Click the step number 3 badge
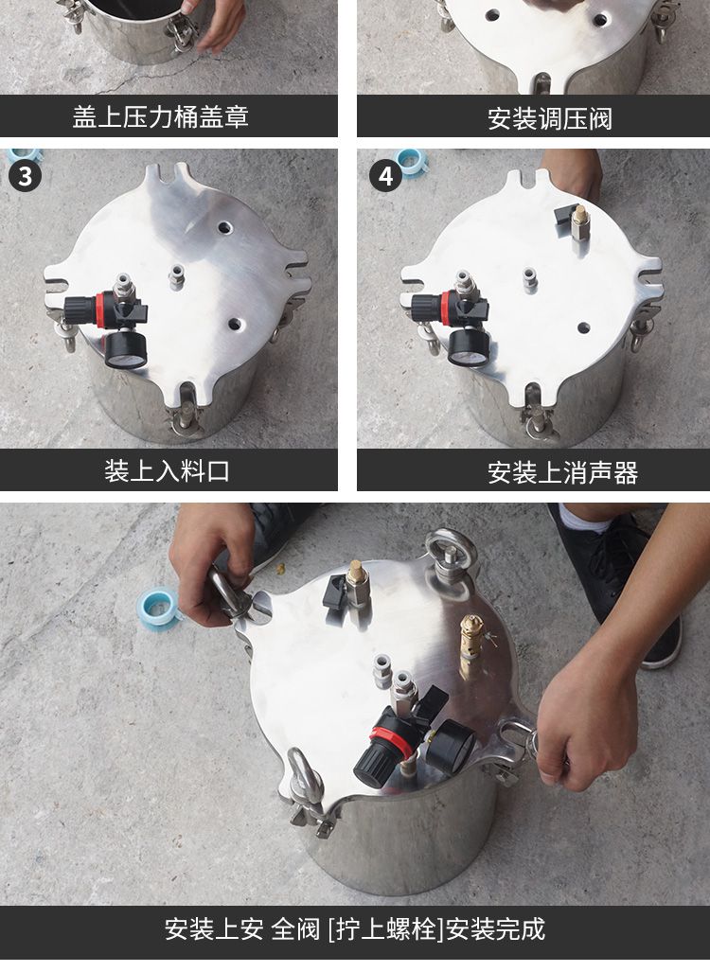(25, 176)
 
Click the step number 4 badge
(385, 176)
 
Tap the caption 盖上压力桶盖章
(161, 116)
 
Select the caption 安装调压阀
(550, 117)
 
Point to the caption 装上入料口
(167, 470)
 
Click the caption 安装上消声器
(562, 472)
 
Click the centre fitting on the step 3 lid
(177, 275)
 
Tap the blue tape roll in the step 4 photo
(411, 161)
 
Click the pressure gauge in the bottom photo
(448, 747)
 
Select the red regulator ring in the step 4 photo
(446, 308)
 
